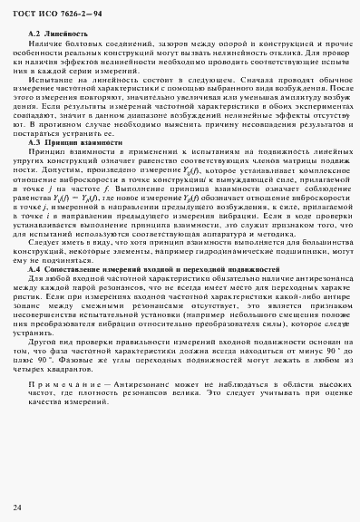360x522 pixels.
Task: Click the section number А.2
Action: click(x=34, y=34)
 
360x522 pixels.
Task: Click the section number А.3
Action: click(x=34, y=142)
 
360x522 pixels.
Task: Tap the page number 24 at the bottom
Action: click(x=18, y=506)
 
